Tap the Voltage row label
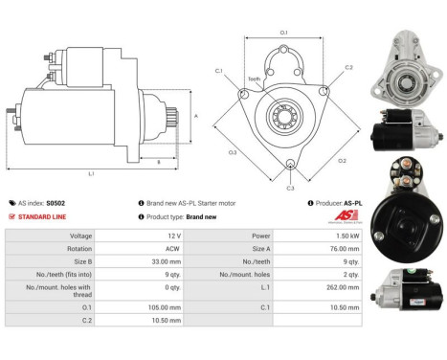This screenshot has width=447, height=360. point(53,236)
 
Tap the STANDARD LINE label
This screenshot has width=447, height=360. point(44,216)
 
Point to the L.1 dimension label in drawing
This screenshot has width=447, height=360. point(91,174)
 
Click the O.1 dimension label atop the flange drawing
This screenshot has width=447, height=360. point(283,33)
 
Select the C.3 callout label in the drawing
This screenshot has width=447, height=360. point(290,188)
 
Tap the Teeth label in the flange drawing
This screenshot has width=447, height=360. point(255,79)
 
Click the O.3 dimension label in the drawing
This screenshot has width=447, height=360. point(233,151)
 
